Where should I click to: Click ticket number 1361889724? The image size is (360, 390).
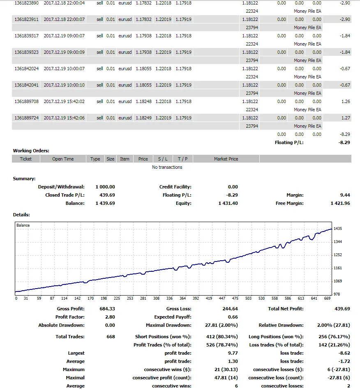(x=26, y=118)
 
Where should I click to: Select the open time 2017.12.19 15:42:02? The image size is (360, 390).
(x=64, y=101)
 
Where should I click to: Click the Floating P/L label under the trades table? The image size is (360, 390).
(x=289, y=142)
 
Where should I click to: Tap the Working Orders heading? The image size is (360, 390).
(x=31, y=151)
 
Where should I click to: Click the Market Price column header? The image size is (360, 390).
(x=226, y=159)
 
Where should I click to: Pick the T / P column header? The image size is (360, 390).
(x=182, y=159)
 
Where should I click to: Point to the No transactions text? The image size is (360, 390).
(x=167, y=167)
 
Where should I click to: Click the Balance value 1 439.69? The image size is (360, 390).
(x=105, y=203)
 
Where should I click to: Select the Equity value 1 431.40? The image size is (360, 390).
(x=228, y=203)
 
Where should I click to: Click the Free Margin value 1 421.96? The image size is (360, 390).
(x=340, y=203)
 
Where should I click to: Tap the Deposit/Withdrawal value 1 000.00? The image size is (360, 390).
(x=105, y=187)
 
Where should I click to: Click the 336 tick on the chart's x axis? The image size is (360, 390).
(x=169, y=298)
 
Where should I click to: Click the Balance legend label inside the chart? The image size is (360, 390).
(x=23, y=225)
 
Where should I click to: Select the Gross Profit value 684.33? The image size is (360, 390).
(x=107, y=309)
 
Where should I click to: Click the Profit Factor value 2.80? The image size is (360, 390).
(x=110, y=317)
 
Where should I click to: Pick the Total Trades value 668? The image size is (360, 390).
(x=111, y=337)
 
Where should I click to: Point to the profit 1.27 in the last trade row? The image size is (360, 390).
(x=346, y=118)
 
